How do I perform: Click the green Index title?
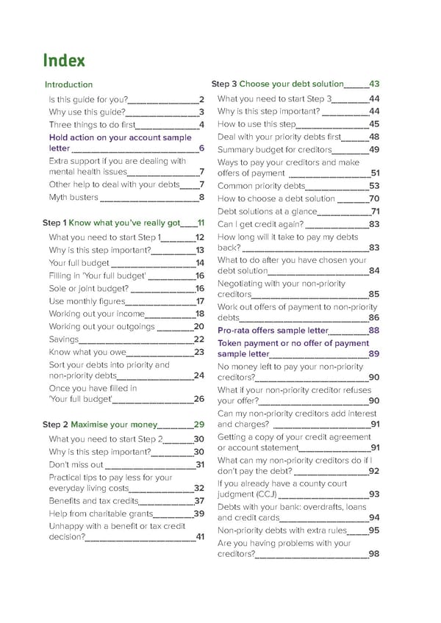(x=65, y=60)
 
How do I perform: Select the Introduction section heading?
(x=68, y=84)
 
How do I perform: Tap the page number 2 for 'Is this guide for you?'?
(x=201, y=99)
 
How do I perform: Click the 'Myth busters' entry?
(x=73, y=197)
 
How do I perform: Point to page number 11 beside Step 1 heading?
(x=201, y=223)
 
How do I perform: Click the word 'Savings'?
(x=62, y=339)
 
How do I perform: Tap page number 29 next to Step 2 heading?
(x=198, y=424)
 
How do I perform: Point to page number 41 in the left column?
(x=199, y=536)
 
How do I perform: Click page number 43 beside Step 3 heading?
(x=374, y=84)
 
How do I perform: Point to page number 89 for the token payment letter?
(x=374, y=354)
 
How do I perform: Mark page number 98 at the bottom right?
(x=374, y=554)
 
